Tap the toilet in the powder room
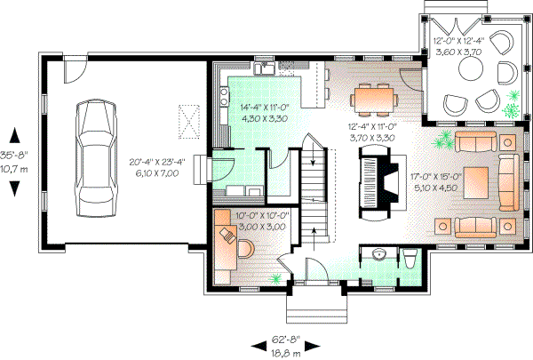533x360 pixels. tap(409, 260)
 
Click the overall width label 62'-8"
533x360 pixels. tap(285, 339)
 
